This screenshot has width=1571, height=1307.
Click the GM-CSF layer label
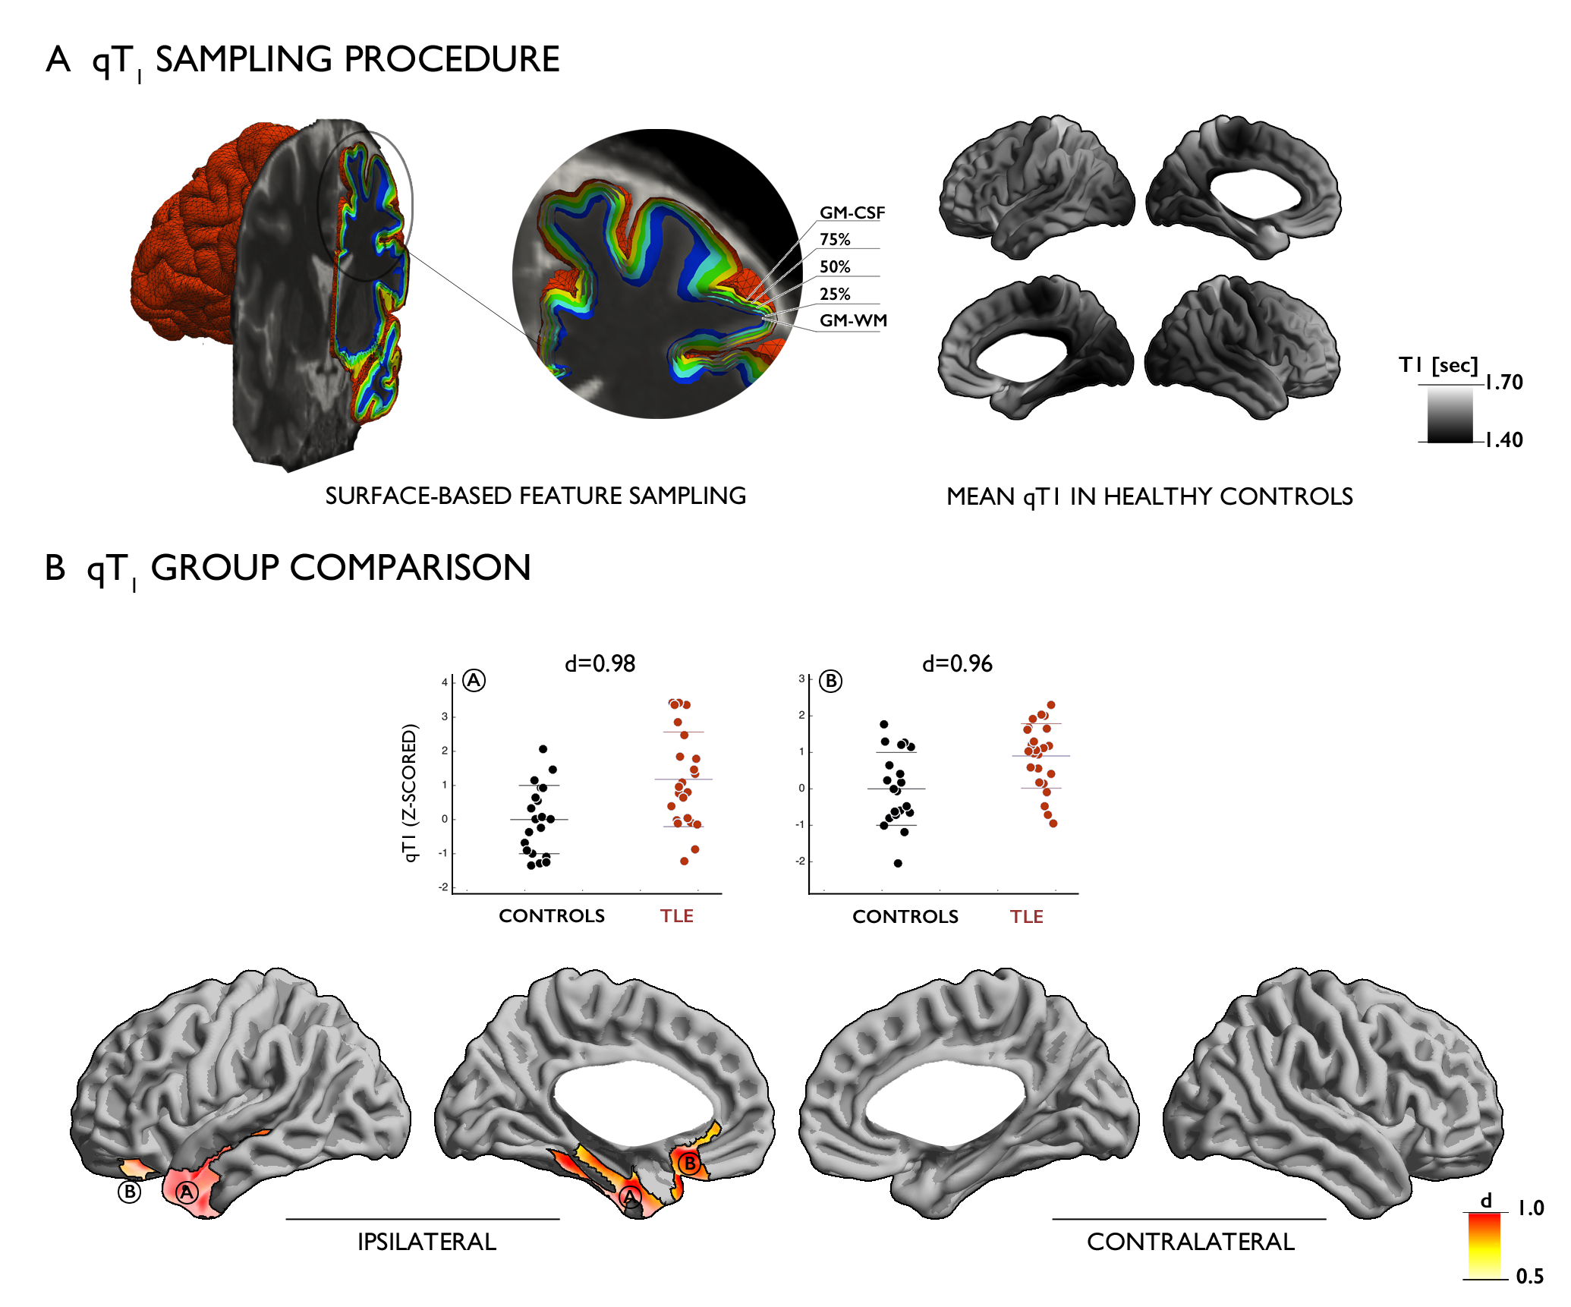(x=852, y=213)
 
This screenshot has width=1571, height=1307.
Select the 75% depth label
(x=835, y=240)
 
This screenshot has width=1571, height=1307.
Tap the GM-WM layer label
(x=853, y=321)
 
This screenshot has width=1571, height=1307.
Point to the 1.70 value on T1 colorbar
(x=1503, y=383)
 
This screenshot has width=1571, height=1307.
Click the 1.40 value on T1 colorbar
(x=1503, y=440)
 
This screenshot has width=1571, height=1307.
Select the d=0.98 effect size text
(x=600, y=664)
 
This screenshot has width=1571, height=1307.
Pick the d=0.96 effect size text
(x=957, y=664)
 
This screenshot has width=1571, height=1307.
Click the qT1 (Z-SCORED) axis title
(x=410, y=793)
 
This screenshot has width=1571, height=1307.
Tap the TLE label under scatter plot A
(x=676, y=916)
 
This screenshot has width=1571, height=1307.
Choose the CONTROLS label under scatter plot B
(x=905, y=917)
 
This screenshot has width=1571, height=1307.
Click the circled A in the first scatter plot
(x=474, y=681)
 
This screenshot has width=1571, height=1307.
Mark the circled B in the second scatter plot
(x=831, y=682)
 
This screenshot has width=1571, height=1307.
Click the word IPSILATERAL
(x=427, y=1242)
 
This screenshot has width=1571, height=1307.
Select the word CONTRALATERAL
(x=1190, y=1242)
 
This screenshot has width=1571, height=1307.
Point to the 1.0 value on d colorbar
(x=1530, y=1208)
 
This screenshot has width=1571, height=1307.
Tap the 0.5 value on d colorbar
(x=1529, y=1277)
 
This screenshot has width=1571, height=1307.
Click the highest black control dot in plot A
(x=543, y=749)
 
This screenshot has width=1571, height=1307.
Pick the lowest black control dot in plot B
(x=898, y=863)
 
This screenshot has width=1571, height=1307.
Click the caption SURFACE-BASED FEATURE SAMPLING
(x=535, y=496)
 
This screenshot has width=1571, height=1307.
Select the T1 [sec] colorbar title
(x=1438, y=366)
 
